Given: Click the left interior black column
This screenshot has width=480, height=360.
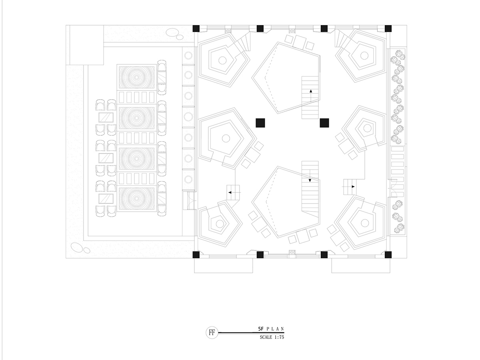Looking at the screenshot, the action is coord(260,123).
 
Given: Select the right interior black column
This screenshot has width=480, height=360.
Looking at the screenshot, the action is coord(324,123).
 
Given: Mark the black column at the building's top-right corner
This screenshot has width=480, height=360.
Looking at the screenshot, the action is coord(388,29).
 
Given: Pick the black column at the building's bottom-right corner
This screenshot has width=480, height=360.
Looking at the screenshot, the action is coord(388,255).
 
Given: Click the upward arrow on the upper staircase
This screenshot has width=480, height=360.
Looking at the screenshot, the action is coord(311,96).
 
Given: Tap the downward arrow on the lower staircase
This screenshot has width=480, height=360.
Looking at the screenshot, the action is coord(310,176).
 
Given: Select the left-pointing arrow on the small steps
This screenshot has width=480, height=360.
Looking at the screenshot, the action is coord(234,192).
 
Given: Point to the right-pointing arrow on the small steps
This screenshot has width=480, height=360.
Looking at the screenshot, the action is coord(348,187).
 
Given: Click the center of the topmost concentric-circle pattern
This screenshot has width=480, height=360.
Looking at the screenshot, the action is coord(137,77).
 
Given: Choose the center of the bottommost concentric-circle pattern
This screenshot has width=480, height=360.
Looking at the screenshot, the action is coord(137,199).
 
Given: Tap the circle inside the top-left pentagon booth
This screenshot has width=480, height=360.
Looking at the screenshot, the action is coord(222,60).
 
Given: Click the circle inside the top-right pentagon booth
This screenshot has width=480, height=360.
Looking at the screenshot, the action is coord(364,56).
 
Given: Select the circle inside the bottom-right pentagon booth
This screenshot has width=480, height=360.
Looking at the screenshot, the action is coord(364,223).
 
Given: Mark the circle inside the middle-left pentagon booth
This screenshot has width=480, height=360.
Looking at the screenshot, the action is coord(226,138).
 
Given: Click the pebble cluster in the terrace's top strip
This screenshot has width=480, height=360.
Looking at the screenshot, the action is coord(174,34).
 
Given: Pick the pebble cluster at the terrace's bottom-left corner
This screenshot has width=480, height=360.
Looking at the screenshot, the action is coord(80,248).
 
